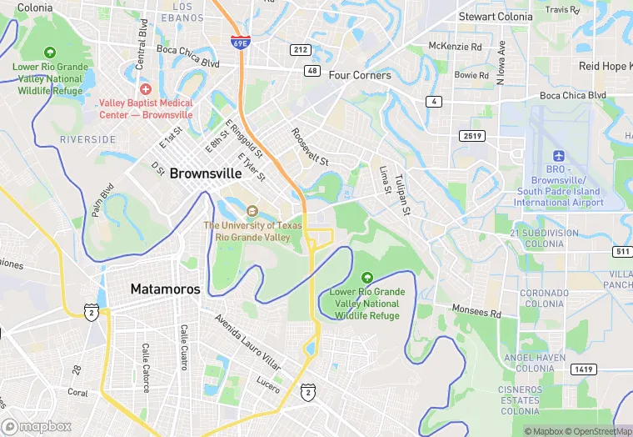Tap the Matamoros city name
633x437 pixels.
pos(165,289)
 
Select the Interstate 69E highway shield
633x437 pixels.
pos(239,41)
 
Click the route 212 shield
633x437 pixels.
pos(301,50)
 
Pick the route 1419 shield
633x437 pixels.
pos(582,369)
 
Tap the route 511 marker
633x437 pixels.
pos(621,251)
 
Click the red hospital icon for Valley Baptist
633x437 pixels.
pos(146,89)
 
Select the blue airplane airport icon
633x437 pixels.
pos(558,157)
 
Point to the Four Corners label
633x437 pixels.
pos(360,75)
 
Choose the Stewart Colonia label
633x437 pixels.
pos(496,16)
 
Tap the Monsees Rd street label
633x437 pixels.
pos(477,311)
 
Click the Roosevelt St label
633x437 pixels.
pos(310,146)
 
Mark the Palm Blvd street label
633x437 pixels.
pos(102,202)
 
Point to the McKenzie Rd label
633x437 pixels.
pos(455,46)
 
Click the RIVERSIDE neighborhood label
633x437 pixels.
pos(87,139)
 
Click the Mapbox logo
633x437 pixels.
pos(37,426)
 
